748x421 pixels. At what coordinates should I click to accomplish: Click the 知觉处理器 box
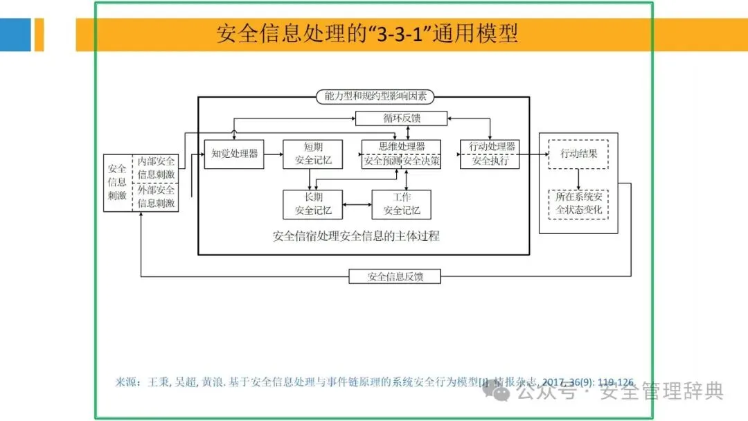(235, 154)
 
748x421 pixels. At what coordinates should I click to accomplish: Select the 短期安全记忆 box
(313, 154)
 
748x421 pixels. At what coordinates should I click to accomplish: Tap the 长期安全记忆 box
(313, 204)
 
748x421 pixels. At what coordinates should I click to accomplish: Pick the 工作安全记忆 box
(401, 204)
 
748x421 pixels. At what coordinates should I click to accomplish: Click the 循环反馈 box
(402, 118)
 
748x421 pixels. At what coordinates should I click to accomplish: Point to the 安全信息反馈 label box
(395, 277)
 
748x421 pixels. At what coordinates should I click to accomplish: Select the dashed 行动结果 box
(578, 154)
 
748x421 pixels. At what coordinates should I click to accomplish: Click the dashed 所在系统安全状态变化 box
(578, 204)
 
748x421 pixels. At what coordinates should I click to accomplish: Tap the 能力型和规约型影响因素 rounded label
(371, 97)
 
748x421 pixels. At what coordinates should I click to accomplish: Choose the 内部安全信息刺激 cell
(156, 168)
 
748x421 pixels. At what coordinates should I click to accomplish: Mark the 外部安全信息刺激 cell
(156, 197)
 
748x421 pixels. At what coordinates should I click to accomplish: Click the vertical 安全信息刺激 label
(117, 182)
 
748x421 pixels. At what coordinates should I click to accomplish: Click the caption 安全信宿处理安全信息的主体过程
(356, 236)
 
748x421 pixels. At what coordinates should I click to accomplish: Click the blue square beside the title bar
(15, 35)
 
